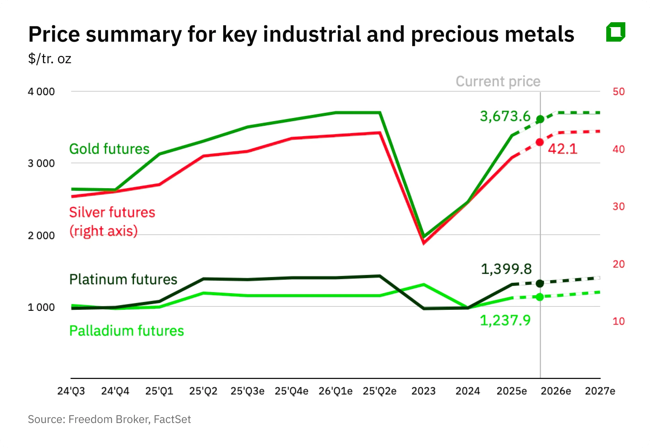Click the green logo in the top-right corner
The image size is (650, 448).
pos(616,32)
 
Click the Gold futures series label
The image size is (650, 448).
pos(109,149)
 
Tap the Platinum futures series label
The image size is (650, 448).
pos(123,280)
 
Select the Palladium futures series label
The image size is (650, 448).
pos(126,331)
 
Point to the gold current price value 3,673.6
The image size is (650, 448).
pos(505,116)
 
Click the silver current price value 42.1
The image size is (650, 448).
pos(562,149)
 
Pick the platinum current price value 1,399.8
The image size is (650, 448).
pos(506,269)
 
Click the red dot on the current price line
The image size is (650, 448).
pos(540,142)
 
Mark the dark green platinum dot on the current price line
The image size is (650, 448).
pos(540,284)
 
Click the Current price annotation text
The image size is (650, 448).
pos(498,82)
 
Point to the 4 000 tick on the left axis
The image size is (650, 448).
pos(41,92)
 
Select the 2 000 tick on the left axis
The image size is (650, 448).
pos(41,235)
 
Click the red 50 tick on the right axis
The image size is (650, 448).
pos(618,92)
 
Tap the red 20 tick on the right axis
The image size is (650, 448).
pos(618,264)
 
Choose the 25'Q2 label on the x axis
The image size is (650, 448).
pos(203,391)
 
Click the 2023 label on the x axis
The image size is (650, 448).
pos(423,391)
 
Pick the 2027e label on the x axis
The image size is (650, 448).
pos(600,391)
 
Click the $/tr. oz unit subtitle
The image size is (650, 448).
pos(50,59)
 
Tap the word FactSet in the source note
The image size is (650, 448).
pos(172,420)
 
